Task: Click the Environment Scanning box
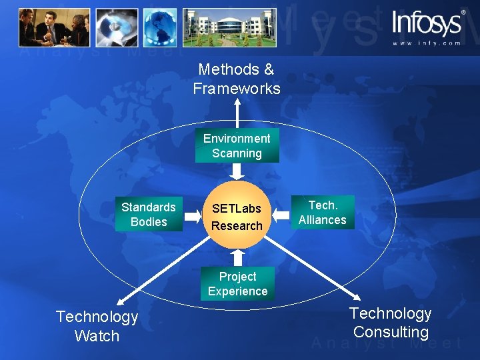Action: pos(237,146)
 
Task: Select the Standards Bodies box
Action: pos(149,215)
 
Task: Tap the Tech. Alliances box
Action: pos(323,213)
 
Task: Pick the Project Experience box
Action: pos(237,284)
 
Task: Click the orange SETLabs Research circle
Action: pos(237,215)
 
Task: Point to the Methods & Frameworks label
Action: pos(237,79)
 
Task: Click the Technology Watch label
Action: pos(97,326)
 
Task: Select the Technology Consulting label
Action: pos(391,323)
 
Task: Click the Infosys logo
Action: pos(427,23)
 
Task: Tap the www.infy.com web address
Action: pos(427,43)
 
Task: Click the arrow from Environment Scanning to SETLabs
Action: pos(237,172)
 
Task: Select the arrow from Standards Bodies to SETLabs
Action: pos(193,215)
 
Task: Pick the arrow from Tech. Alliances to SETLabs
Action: pos(281,214)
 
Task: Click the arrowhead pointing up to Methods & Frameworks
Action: pos(237,103)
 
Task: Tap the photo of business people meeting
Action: pos(54,27)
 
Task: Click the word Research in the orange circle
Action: pos(237,226)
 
